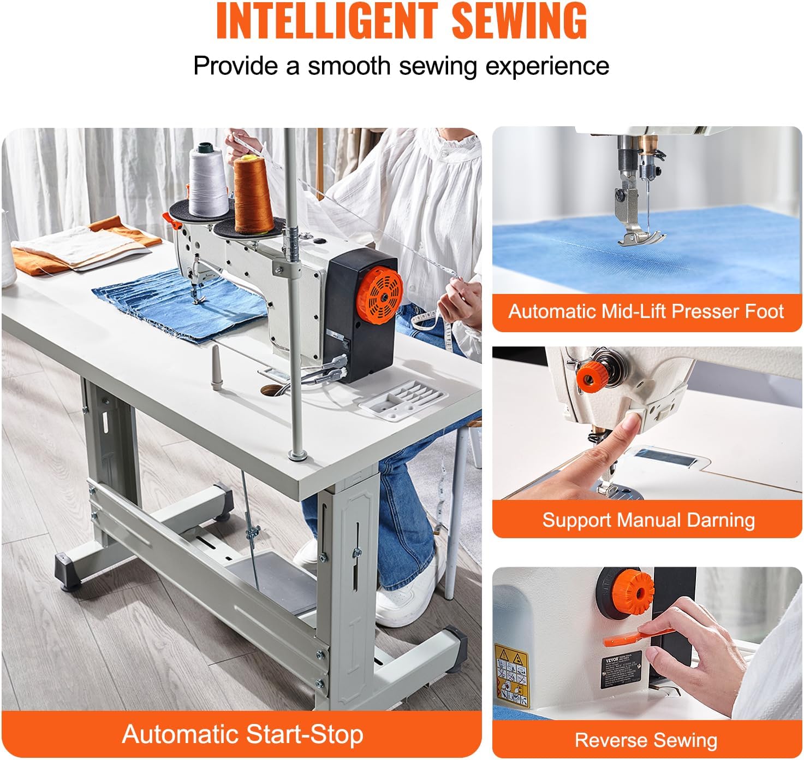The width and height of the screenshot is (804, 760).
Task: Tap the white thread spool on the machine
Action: (x=208, y=180)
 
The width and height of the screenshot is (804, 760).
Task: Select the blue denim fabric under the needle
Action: (x=180, y=306)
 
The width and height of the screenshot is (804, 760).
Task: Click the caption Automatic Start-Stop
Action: (x=242, y=734)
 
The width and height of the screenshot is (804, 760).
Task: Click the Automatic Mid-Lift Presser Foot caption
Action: (x=646, y=311)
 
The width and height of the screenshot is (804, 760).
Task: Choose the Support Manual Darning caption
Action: (x=648, y=520)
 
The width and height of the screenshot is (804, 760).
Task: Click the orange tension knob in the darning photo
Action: (x=591, y=377)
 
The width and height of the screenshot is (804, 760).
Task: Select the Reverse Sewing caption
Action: (x=646, y=740)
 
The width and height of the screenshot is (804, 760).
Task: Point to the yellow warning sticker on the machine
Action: (x=512, y=675)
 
